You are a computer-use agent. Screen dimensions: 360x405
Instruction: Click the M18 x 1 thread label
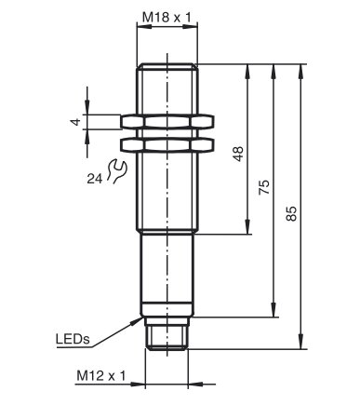point(167,18)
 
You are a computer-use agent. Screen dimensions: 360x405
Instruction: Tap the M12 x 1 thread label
point(101,376)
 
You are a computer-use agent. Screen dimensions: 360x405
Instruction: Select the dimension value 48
point(239,154)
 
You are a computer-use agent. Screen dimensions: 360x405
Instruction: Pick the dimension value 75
point(264,187)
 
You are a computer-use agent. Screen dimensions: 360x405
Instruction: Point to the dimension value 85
point(291,213)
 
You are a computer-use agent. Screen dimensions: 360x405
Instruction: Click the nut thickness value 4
point(75,122)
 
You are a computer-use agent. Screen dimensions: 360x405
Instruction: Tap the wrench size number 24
point(94,179)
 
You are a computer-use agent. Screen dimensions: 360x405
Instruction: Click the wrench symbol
point(117,170)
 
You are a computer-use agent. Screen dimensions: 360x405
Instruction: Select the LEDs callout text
point(73,339)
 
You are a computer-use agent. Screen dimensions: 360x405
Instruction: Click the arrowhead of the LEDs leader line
point(137,320)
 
